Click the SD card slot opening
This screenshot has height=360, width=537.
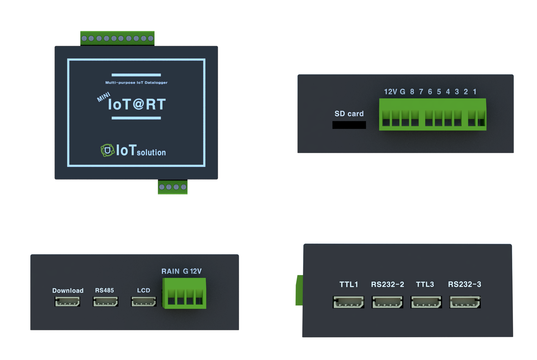click(x=349, y=125)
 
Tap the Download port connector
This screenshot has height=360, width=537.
click(x=67, y=302)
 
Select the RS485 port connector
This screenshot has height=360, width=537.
click(x=105, y=302)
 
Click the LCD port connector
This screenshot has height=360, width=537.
click(x=144, y=302)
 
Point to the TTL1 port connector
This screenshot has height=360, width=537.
click(x=348, y=302)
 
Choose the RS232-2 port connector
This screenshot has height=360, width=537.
click(x=387, y=302)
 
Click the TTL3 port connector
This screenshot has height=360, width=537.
click(x=426, y=302)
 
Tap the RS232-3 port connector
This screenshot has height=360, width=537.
click(x=465, y=302)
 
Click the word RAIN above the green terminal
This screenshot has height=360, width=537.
click(x=170, y=271)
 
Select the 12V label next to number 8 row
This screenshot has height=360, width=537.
click(x=390, y=92)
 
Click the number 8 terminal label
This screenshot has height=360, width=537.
click(x=412, y=92)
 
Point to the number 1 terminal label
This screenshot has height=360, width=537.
click(x=474, y=92)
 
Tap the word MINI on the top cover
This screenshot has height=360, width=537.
click(x=103, y=97)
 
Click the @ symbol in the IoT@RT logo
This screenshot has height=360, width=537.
click(x=138, y=104)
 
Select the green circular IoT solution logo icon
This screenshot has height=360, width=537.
click(x=107, y=150)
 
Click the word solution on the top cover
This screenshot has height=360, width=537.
click(x=151, y=153)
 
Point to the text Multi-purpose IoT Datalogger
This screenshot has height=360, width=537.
click(x=136, y=83)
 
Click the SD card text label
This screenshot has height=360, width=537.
click(x=349, y=114)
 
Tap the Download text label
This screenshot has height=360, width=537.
click(x=68, y=291)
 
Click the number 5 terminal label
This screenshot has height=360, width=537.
click(x=439, y=92)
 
